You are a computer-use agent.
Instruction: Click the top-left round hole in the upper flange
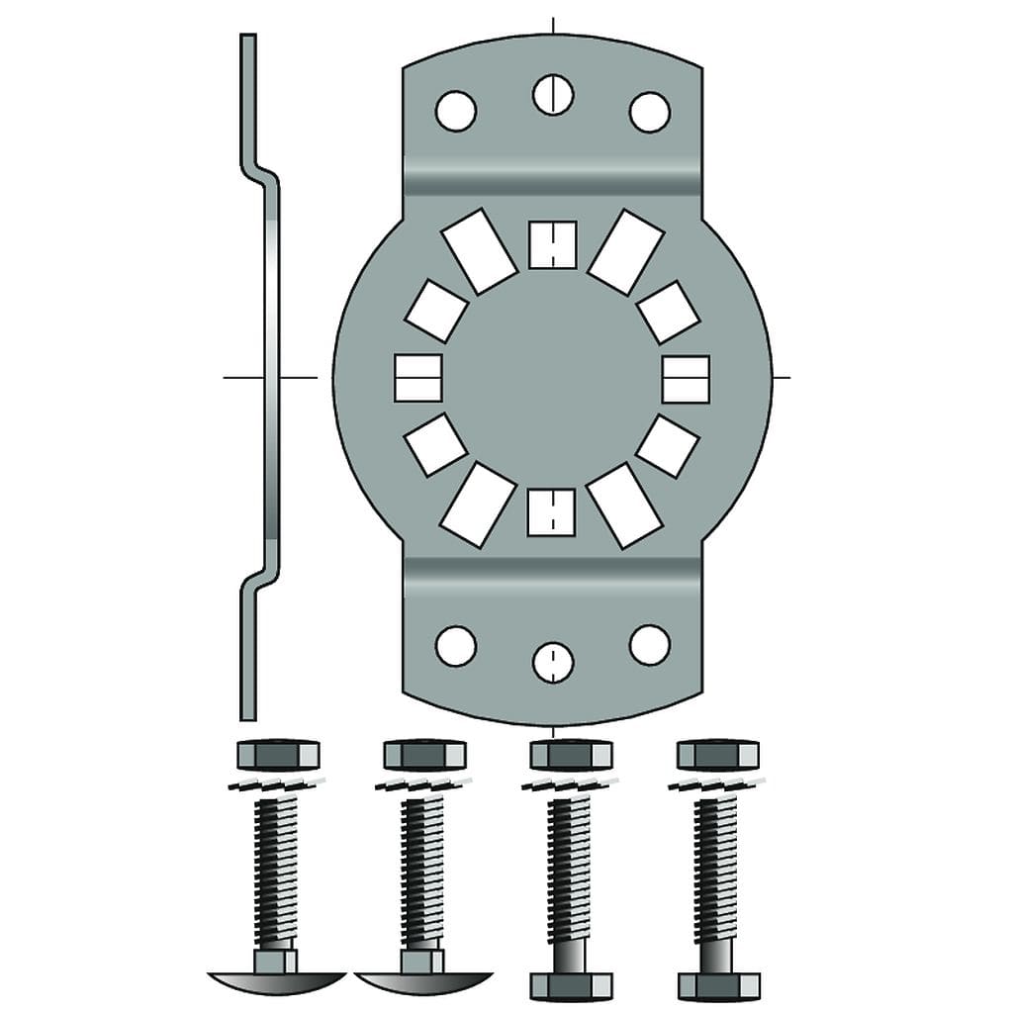tap(455, 111)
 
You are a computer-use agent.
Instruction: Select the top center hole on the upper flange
tap(553, 94)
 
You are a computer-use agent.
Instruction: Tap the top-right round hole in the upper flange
tap(650, 112)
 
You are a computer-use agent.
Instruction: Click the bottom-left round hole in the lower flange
tap(455, 645)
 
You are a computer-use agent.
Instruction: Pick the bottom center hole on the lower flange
tap(553, 662)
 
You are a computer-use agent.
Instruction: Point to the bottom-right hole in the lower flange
tap(650, 644)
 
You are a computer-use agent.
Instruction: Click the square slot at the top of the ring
tap(552, 244)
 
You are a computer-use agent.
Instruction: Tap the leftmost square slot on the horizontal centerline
tap(417, 378)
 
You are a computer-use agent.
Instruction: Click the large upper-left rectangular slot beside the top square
tap(479, 250)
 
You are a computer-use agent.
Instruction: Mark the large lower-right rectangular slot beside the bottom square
tap(625, 505)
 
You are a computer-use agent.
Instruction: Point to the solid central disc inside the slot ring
tap(552, 378)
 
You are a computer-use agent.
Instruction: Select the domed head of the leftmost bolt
tap(276, 981)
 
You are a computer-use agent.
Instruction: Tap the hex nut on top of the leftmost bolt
tap(278, 757)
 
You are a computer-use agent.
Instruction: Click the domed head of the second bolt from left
tap(422, 981)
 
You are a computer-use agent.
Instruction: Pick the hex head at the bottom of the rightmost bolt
tap(718, 985)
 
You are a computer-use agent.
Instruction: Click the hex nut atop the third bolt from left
tap(571, 757)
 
